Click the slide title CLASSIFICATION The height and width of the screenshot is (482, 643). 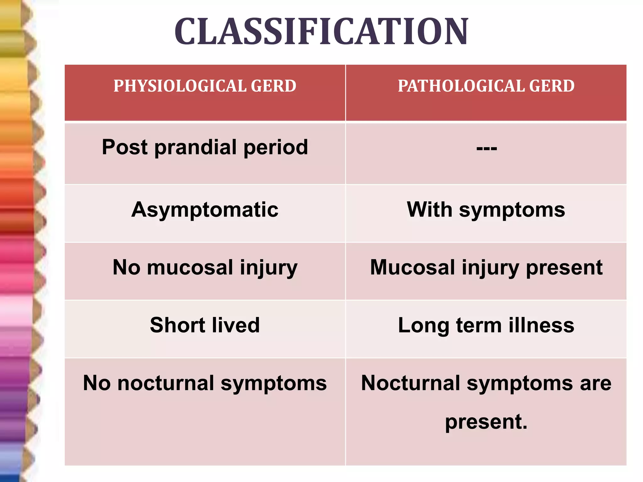321,32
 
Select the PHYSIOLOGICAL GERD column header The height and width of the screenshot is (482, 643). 205,86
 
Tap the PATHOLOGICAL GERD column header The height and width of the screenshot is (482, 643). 486,86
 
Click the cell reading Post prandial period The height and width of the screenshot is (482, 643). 205,147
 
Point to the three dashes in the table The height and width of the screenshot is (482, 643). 486,148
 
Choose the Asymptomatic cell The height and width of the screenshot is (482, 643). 205,210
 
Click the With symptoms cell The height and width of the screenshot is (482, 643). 486,210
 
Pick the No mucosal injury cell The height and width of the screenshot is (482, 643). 205,268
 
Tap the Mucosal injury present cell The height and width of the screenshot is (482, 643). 486,268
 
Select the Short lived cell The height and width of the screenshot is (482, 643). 205,325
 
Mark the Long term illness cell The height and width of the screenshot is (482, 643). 486,325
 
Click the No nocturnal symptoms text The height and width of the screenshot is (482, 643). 205,383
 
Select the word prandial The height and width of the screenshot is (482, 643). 195,147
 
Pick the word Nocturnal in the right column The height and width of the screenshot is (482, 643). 410,383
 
